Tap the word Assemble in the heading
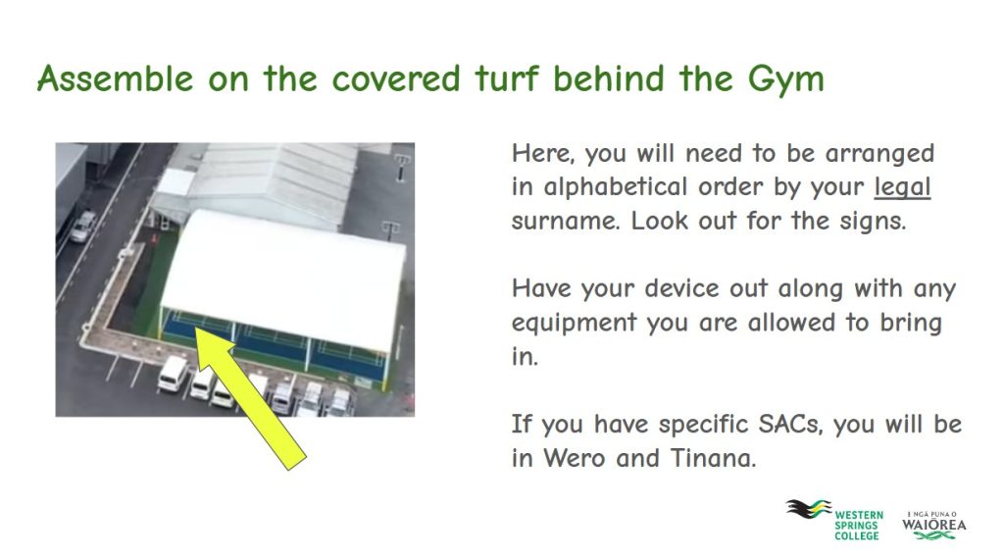pos(116,78)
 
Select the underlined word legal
pos(902,187)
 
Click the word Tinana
pos(713,459)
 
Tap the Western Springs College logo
pos(835,520)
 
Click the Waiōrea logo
pos(934,525)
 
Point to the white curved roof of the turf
pos(284,279)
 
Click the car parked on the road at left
pos(82,227)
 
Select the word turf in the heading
pos(507,78)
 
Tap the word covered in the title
pos(396,78)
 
